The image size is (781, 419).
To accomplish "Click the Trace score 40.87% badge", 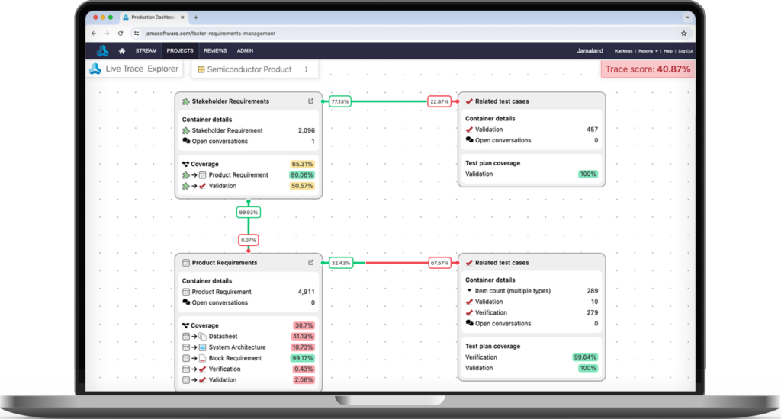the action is click(648, 69).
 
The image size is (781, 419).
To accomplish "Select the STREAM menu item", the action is click(146, 51).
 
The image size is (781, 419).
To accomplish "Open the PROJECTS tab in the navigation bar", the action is click(180, 51).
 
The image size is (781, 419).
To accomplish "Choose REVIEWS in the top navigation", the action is click(215, 51).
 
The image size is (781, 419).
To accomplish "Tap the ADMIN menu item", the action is click(245, 51).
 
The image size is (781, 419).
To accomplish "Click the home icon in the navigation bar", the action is click(122, 51).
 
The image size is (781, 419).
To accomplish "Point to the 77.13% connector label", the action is click(340, 101).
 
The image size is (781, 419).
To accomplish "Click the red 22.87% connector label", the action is click(439, 101).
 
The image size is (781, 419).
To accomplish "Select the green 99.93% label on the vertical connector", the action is click(249, 213).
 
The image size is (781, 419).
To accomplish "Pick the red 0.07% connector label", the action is click(249, 240).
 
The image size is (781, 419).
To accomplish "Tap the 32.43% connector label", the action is click(341, 263).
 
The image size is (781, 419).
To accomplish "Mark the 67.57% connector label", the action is click(439, 263).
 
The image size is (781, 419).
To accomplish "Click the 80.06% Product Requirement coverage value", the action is click(302, 175).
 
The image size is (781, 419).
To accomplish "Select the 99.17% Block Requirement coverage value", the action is click(302, 358).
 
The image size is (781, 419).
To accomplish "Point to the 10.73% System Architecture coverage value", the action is click(303, 347).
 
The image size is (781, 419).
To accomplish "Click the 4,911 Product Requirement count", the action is click(307, 292).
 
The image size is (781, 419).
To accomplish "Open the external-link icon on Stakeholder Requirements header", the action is click(311, 101).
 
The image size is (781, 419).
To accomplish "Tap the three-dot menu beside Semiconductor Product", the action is click(307, 69).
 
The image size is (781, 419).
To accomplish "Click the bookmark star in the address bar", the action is click(684, 34).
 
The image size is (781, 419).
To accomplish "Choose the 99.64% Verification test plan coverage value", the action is click(585, 357).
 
